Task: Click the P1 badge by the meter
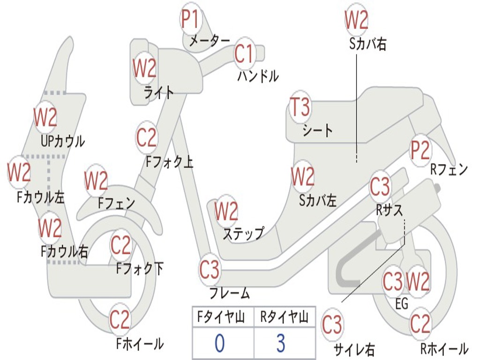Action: coord(191,19)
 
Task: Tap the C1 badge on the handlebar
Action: coord(244,54)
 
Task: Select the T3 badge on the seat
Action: coord(300,107)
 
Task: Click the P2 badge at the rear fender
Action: coord(420,150)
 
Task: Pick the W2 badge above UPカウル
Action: coord(45,117)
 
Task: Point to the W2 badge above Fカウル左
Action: coord(19,172)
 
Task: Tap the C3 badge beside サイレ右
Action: coord(332,324)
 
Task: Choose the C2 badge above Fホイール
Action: coord(120,320)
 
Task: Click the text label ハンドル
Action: coord(258,76)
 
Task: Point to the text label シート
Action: coord(317,131)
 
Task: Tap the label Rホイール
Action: coord(444,348)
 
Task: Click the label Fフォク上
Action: coord(170,162)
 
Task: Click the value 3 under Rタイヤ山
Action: coord(281,343)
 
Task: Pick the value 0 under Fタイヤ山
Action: coord(220,343)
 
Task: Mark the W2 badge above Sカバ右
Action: coord(356,20)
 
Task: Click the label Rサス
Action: coord(389,210)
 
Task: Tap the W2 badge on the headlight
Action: coord(144,68)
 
